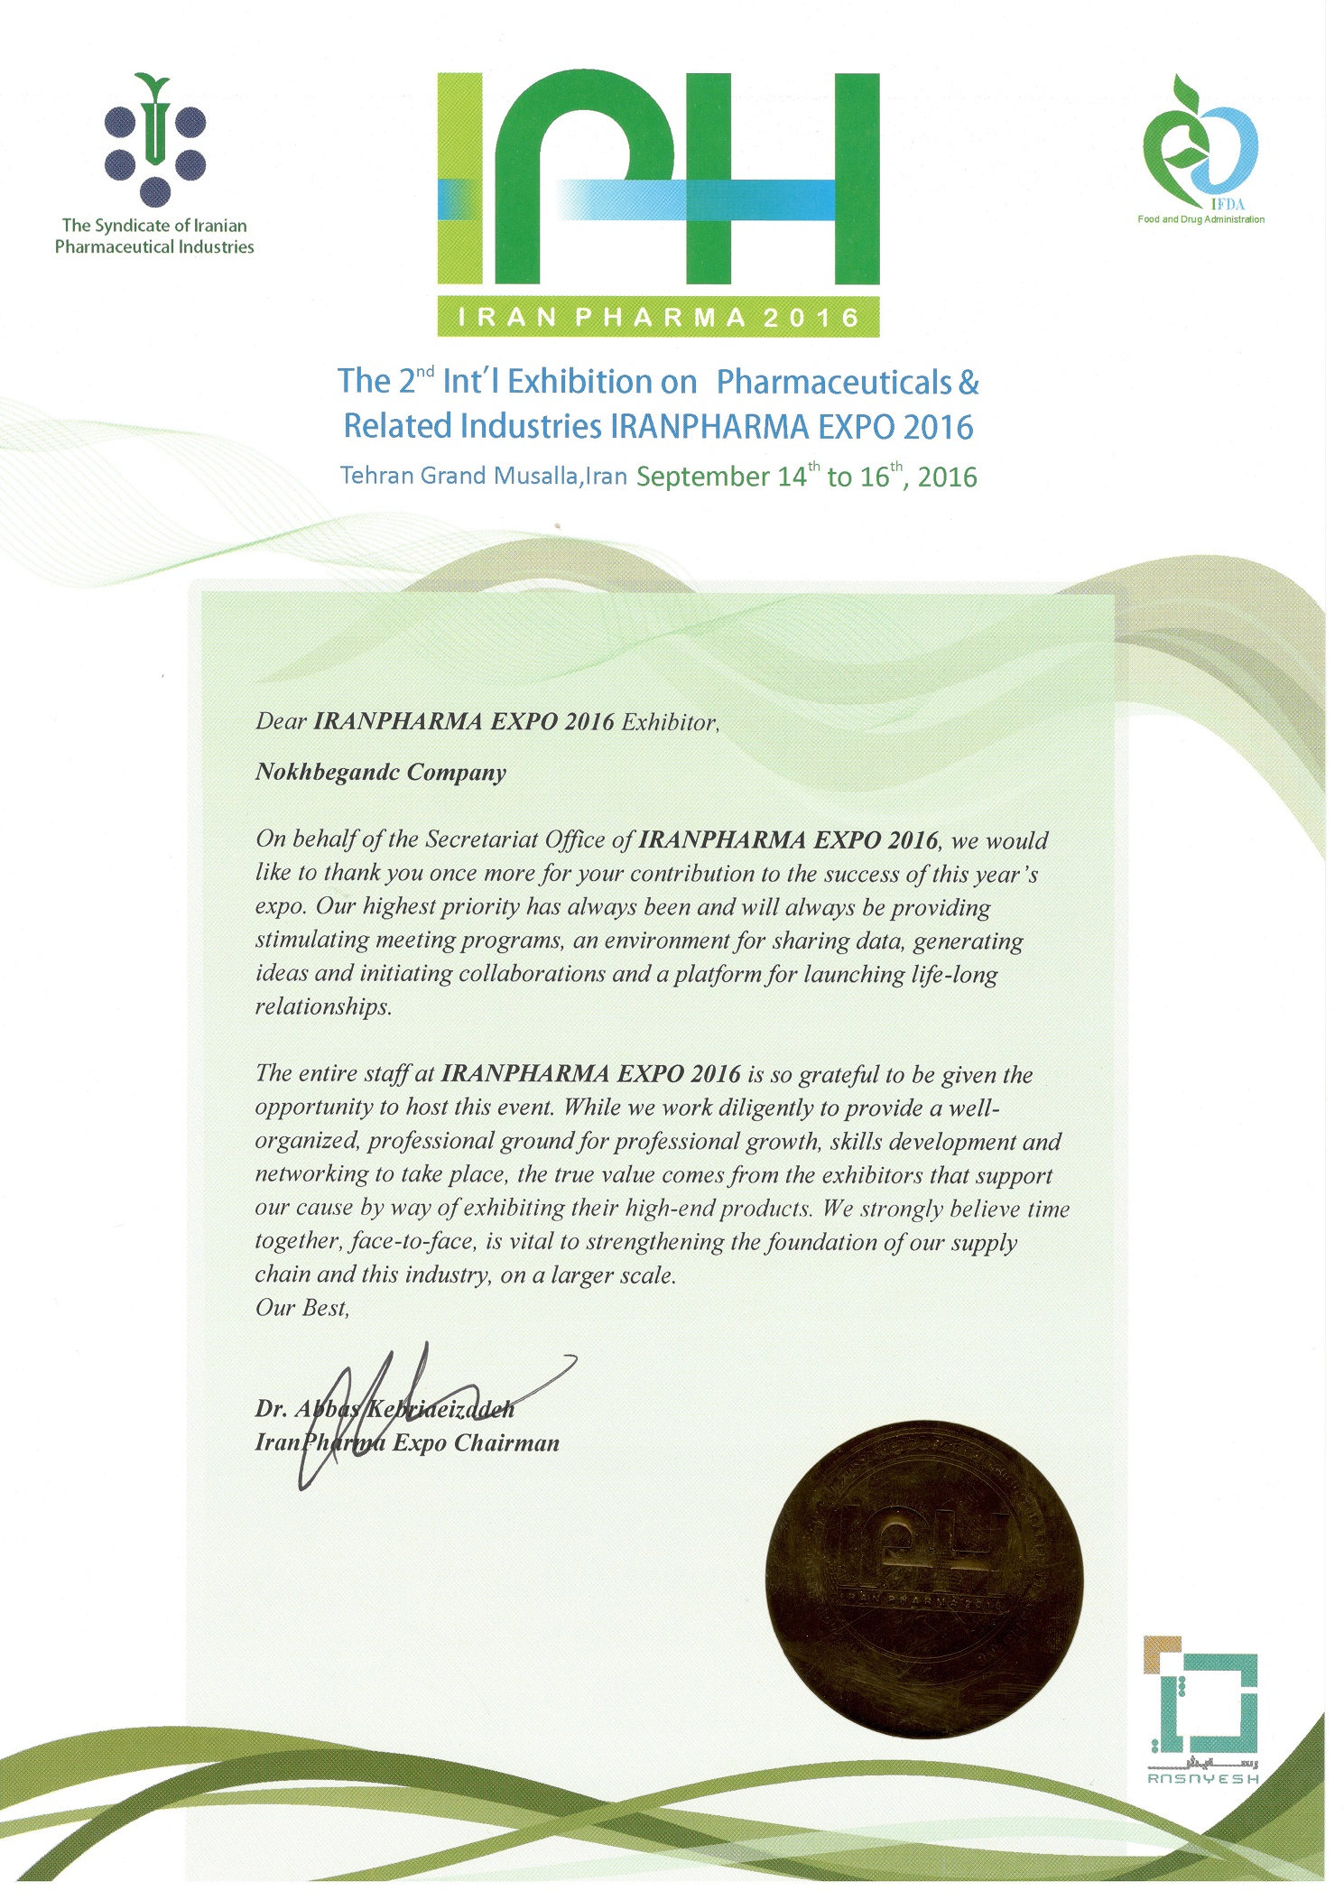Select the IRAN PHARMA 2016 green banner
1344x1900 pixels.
[x=658, y=317]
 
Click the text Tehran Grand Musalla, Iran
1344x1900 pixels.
[x=483, y=476]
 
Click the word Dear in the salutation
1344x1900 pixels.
[x=281, y=722]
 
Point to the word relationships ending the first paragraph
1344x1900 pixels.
[x=322, y=1007]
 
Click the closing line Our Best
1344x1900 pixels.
[x=301, y=1308]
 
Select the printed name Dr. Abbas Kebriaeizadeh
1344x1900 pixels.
[x=385, y=1409]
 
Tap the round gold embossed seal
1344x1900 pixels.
[x=923, y=1580]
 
